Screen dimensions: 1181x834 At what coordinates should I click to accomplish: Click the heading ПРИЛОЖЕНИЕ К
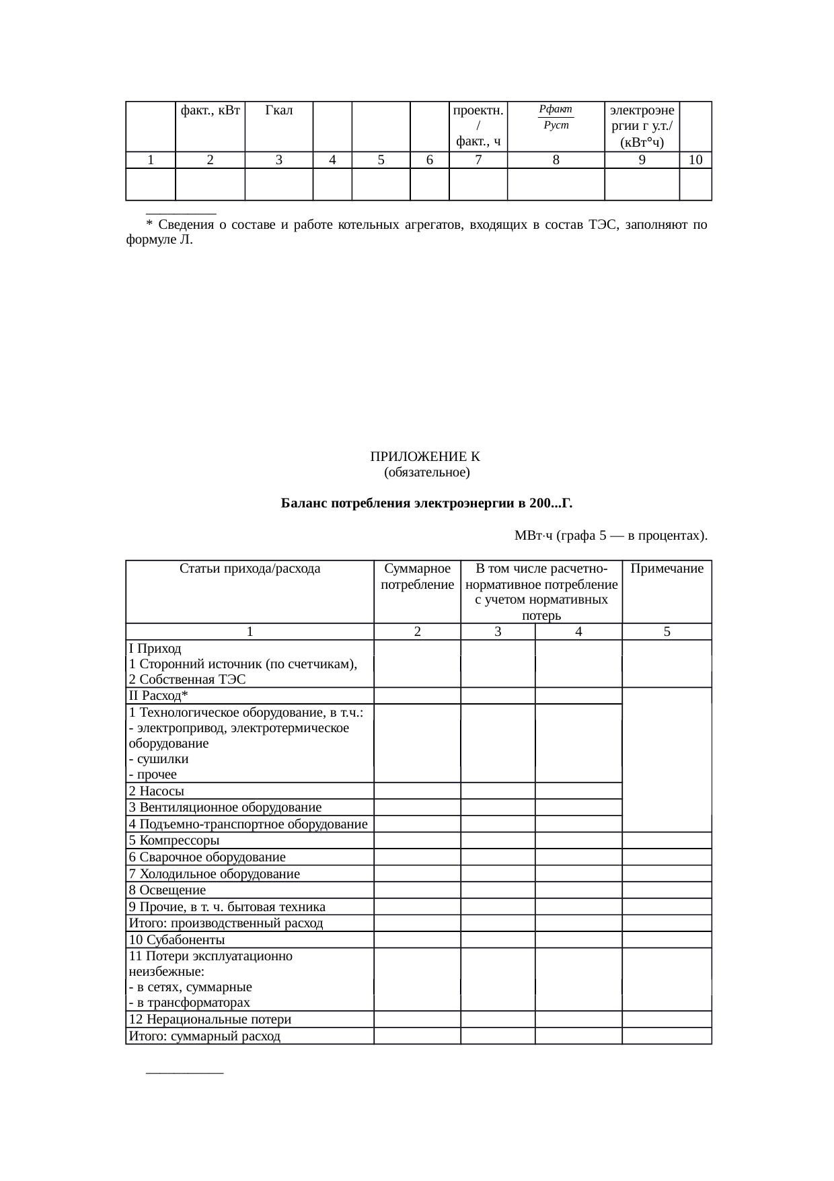pos(426,457)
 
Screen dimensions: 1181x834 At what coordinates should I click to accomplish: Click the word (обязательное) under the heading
pos(426,472)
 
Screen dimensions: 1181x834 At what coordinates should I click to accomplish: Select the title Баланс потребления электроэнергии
pos(426,503)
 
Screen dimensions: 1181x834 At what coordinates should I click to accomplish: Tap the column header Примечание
pos(667,569)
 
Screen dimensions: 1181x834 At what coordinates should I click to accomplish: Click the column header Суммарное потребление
pos(417,577)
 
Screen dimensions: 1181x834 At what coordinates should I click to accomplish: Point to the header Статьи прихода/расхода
pos(250,569)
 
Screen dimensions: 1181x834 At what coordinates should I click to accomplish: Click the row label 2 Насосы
pos(157,791)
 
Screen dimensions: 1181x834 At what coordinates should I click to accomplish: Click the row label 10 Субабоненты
pos(177,940)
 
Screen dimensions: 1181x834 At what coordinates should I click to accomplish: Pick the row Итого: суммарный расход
pos(204,1036)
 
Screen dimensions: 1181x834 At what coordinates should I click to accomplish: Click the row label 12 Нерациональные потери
pos(210,1019)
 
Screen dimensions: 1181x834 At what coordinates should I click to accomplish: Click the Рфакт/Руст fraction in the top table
pos(556,117)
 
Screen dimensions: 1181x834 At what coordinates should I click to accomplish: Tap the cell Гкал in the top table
pos(278,110)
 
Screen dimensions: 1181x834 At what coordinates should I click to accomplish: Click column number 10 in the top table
pos(695,159)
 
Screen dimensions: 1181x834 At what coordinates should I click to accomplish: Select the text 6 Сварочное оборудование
pos(207,857)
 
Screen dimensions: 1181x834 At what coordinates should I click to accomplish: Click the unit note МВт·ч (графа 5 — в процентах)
pos(610,536)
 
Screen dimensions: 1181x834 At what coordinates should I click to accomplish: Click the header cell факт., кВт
pos(211,110)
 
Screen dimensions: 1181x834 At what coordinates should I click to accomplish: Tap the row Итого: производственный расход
pos(226,923)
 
